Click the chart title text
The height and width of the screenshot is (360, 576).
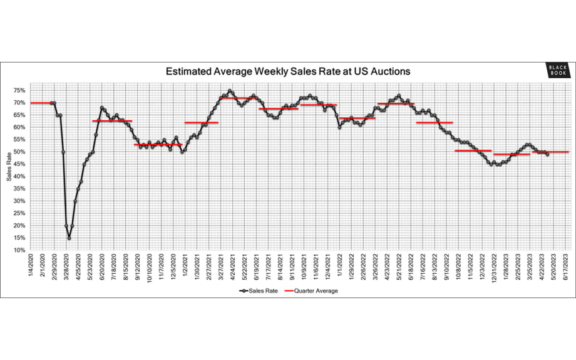288,71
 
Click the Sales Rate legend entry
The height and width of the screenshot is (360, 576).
257,291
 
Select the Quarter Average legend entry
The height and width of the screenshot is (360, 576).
311,291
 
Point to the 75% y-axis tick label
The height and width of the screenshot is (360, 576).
19,90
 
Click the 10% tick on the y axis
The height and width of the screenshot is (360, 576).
19,250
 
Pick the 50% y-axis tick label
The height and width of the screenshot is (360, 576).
19,152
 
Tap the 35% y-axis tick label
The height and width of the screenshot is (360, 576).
19,189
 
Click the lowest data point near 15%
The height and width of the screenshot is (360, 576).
69,238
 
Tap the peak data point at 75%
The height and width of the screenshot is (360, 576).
230,91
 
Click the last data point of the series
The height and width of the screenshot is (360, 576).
548,154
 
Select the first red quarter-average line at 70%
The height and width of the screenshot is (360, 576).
41,103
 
